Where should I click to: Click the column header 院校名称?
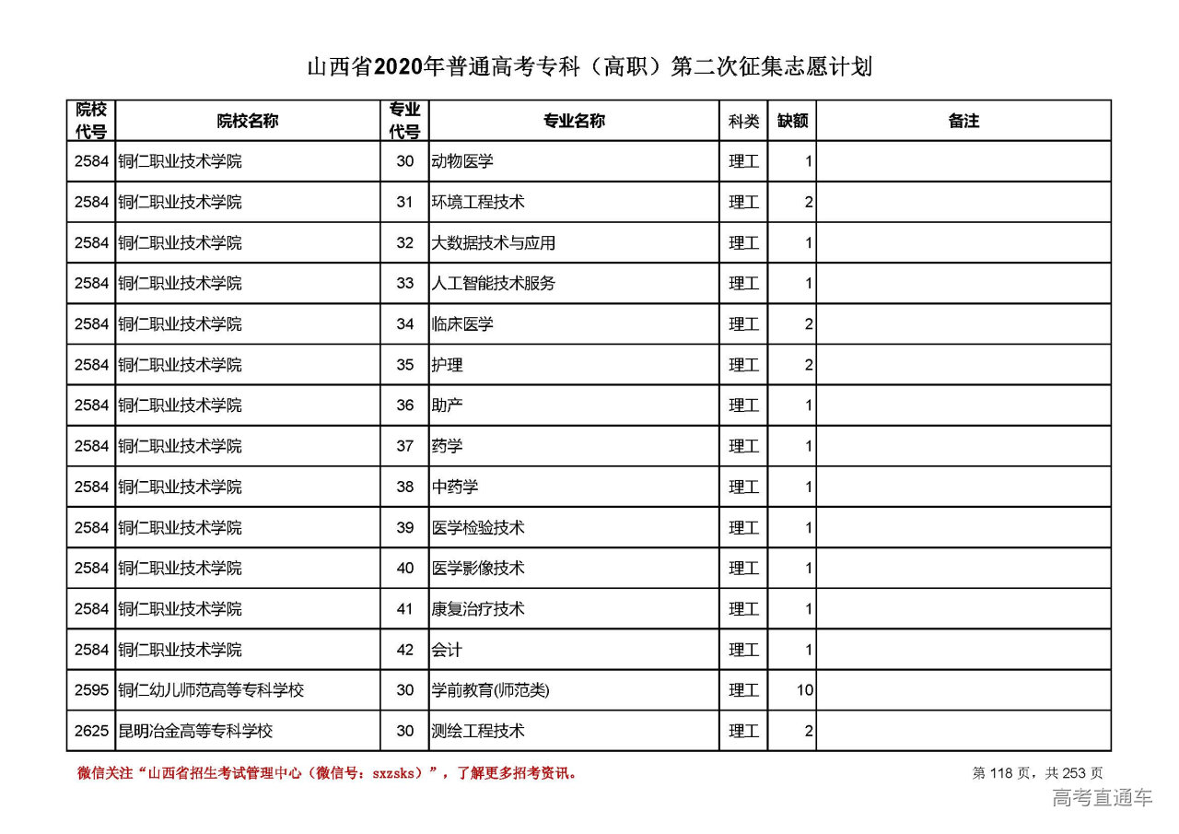(248, 121)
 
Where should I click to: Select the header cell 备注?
(963, 121)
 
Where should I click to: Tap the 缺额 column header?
(791, 121)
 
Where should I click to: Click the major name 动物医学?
(462, 161)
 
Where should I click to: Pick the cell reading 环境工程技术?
(478, 202)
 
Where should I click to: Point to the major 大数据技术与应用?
(494, 243)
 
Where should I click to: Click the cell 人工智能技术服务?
(494, 284)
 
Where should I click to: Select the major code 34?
(405, 324)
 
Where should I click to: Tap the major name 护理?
(448, 365)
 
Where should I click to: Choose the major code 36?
(405, 405)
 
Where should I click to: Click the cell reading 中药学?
(455, 487)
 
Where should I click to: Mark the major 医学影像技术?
(478, 569)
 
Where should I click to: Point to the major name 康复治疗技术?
(478, 609)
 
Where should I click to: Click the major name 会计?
(448, 650)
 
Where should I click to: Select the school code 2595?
(91, 690)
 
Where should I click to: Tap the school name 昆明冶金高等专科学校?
(195, 731)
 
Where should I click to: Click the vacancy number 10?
(804, 690)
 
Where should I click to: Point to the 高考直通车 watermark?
(1102, 798)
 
